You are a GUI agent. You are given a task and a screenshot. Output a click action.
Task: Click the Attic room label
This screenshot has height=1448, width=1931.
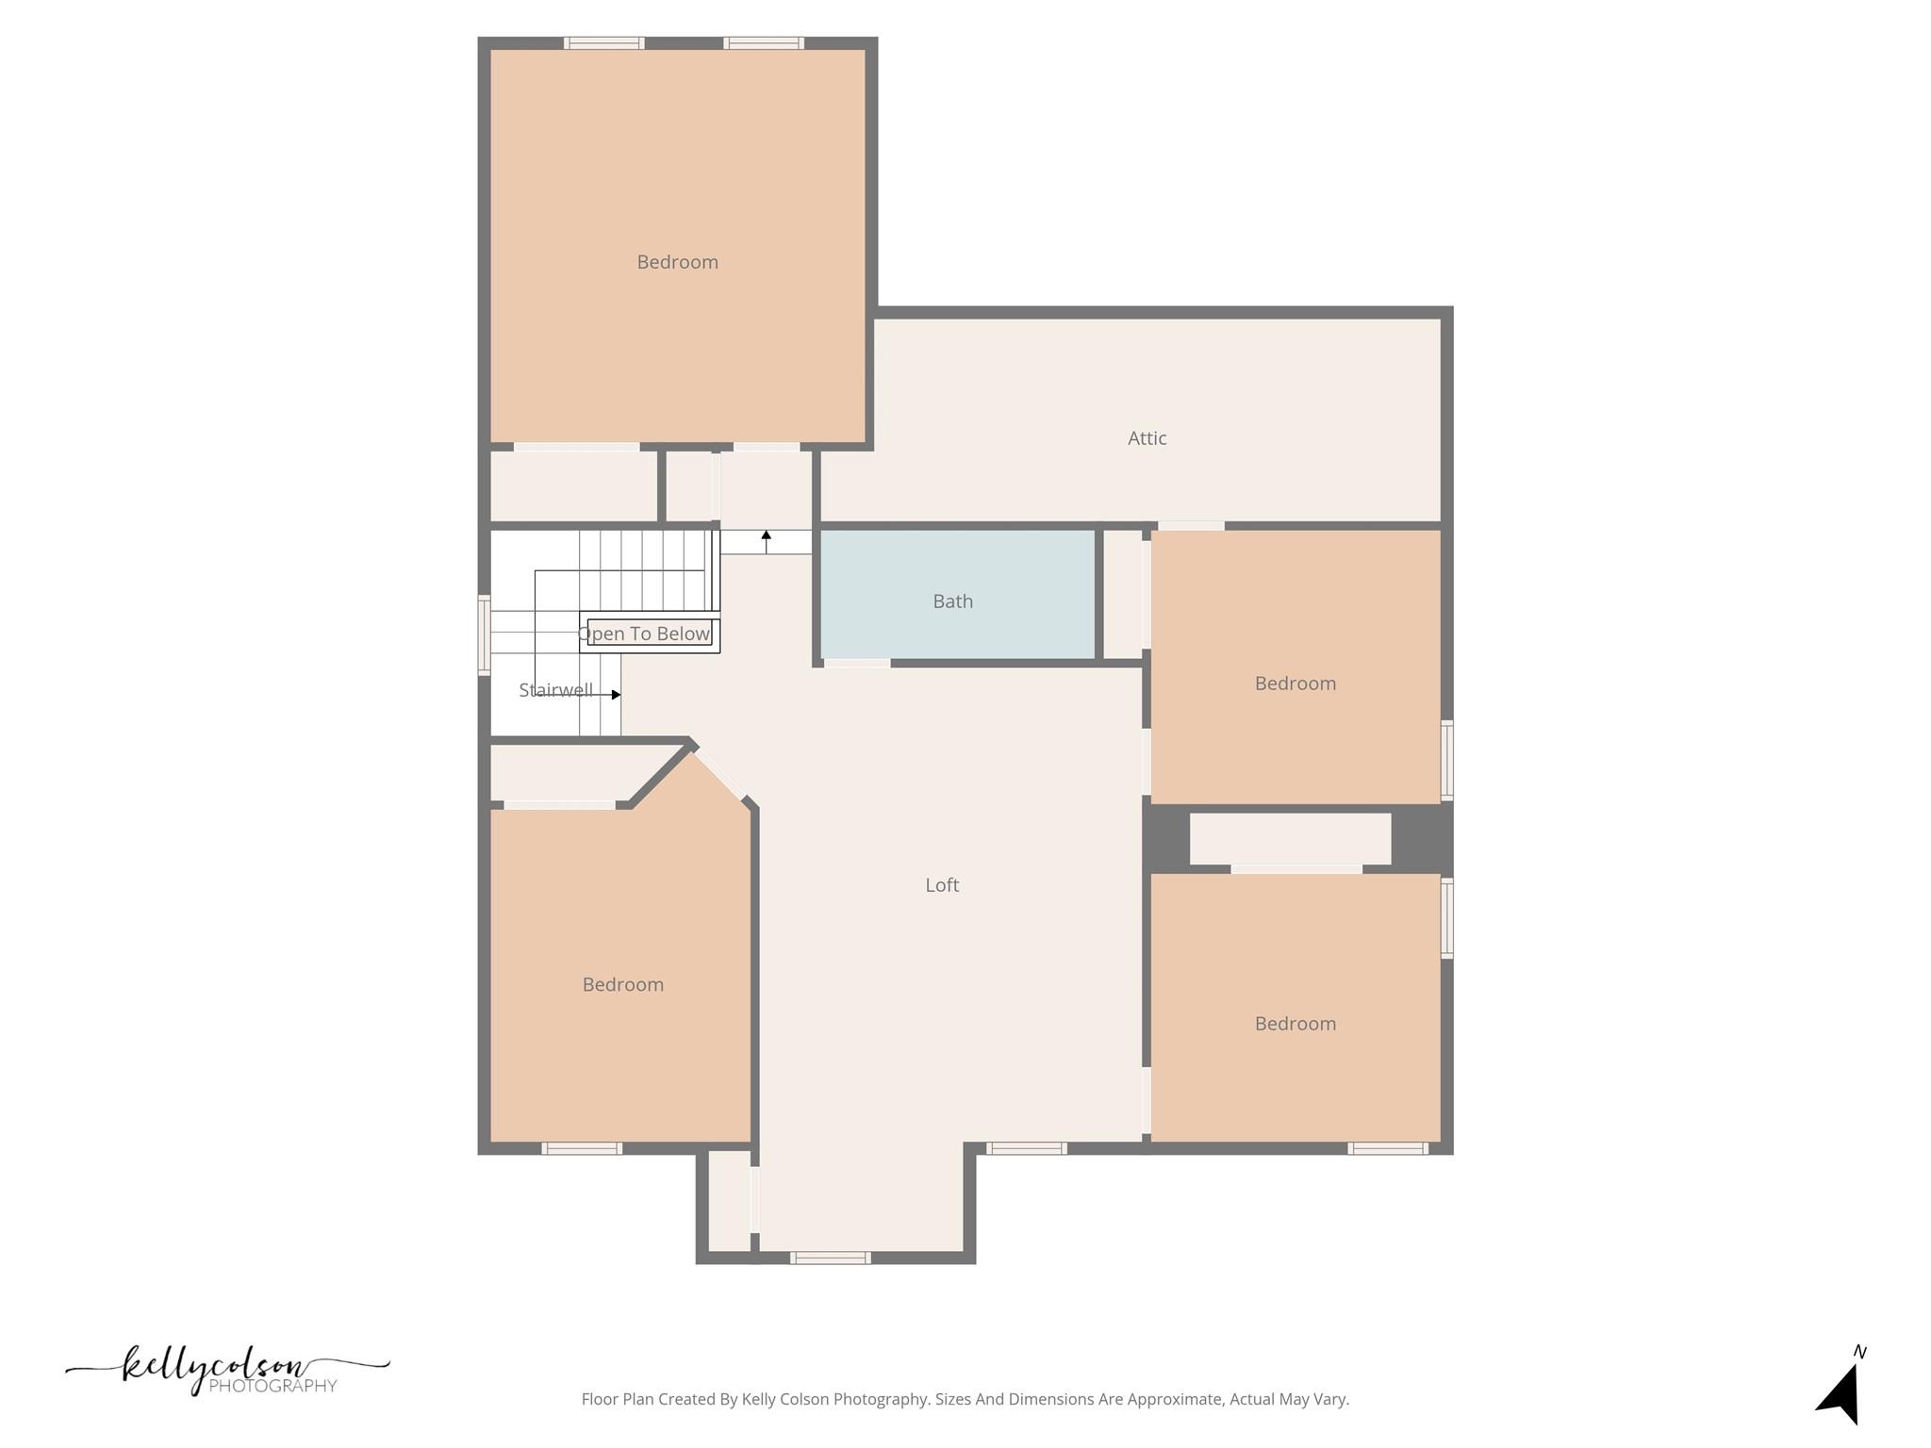[1147, 438]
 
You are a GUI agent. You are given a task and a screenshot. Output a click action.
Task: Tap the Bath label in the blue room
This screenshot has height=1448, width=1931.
[952, 601]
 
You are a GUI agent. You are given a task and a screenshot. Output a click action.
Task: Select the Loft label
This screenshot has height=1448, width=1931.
[942, 885]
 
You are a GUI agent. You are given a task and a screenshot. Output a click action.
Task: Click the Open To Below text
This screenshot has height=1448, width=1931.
[644, 633]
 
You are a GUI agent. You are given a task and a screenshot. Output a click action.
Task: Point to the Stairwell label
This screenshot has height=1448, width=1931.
[555, 690]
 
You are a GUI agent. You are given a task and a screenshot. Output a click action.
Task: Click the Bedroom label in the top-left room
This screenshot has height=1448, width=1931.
[677, 262]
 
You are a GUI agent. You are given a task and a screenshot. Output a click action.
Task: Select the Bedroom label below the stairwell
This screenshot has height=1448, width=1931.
[622, 985]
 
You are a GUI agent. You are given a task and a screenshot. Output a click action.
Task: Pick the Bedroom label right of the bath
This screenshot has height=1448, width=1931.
[1295, 683]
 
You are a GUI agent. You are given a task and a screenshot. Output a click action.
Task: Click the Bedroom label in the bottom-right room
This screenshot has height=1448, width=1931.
[1295, 1024]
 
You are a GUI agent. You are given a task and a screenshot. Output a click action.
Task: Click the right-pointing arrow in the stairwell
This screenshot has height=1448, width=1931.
[615, 695]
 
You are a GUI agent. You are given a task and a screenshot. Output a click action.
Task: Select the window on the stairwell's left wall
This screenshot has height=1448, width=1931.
[484, 635]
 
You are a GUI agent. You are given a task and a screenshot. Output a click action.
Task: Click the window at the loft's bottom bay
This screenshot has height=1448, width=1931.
[830, 1258]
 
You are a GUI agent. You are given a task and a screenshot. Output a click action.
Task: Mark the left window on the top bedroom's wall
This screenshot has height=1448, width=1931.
[603, 43]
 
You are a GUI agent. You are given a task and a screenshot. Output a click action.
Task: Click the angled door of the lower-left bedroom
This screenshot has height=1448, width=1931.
[719, 774]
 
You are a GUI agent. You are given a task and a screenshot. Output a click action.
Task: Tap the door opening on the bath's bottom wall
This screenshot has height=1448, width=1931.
[857, 664]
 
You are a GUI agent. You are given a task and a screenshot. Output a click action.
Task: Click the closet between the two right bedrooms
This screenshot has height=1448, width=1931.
[1289, 838]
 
